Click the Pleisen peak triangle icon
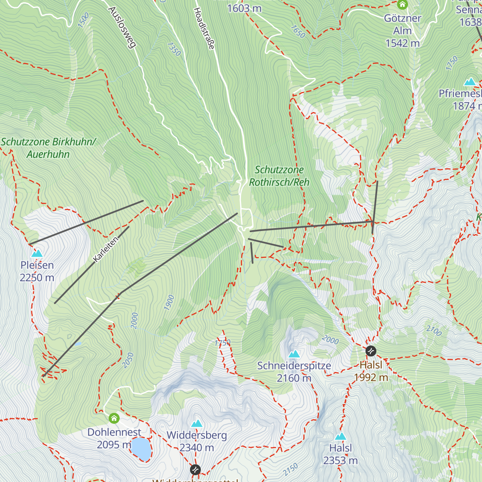(x=37, y=253)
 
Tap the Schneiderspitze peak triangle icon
(x=294, y=354)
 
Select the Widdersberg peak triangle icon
(x=197, y=423)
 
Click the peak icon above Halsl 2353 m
(x=340, y=436)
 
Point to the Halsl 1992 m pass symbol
(x=371, y=351)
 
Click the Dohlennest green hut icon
(x=114, y=419)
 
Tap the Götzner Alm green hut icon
(x=402, y=5)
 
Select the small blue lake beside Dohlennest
(x=141, y=449)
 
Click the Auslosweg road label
(x=122, y=27)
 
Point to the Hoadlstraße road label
(x=204, y=29)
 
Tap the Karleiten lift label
(x=106, y=249)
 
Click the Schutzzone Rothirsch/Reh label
(x=280, y=176)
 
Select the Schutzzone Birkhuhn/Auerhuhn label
(x=48, y=148)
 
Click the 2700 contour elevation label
(x=434, y=331)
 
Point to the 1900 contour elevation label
(x=170, y=302)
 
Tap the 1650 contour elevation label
(x=298, y=32)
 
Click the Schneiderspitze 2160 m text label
(x=294, y=372)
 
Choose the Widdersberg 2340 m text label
(x=197, y=441)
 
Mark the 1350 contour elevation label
(x=174, y=49)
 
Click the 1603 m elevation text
(x=244, y=8)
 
